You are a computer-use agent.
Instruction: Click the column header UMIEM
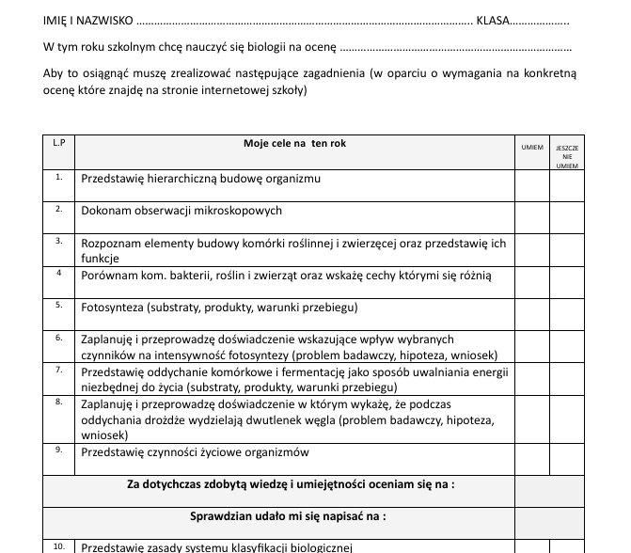pyautogui.click(x=531, y=148)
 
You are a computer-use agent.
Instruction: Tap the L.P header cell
pyautogui.click(x=59, y=143)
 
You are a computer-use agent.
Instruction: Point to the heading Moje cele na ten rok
pyautogui.click(x=294, y=144)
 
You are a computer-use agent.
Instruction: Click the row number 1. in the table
pyautogui.click(x=59, y=176)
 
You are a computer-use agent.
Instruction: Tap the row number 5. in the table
pyautogui.click(x=59, y=305)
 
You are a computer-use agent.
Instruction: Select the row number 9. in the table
pyautogui.click(x=59, y=450)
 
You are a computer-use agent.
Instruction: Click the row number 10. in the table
pyautogui.click(x=59, y=545)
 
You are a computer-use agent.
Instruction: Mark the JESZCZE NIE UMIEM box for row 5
pyautogui.click(x=567, y=312)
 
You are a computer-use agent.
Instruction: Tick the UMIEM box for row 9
pyautogui.click(x=531, y=459)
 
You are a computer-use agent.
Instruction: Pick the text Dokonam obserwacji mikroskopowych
pyautogui.click(x=181, y=211)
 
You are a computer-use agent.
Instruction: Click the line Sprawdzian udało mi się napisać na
pyautogui.click(x=289, y=516)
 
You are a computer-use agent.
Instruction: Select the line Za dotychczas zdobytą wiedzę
pyautogui.click(x=291, y=484)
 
